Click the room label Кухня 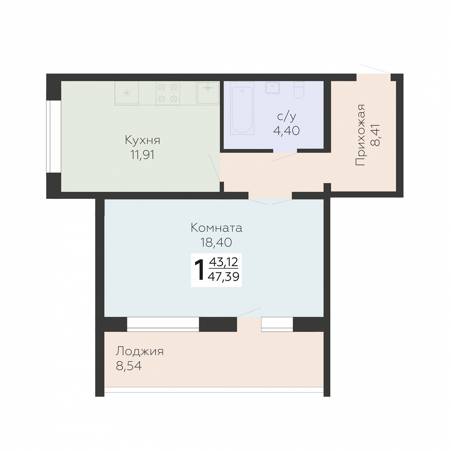pos(143,140)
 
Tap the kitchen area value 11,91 pos(143,155)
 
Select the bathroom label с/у pos(286,116)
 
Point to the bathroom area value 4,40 pos(286,131)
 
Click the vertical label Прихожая pos(360,135)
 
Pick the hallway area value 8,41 pos(375,135)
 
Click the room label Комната pos(216,228)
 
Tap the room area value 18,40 pos(216,242)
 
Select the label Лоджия pos(139,352)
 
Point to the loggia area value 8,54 pos(129,366)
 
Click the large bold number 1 pos(200,270)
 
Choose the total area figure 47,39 pos(224,277)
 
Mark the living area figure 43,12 pos(224,262)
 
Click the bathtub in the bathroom pos(242,108)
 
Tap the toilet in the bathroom pos(299,90)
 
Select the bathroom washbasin pos(273,87)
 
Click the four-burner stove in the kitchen pos(168,93)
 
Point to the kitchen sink pos(208,93)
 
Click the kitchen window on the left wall pos(54,136)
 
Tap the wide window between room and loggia pos(163,324)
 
